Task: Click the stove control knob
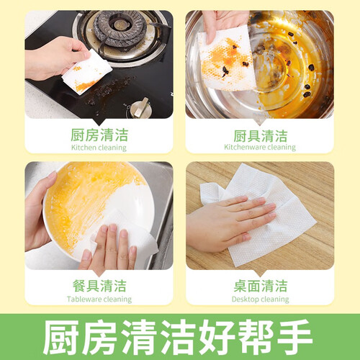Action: point(140,108)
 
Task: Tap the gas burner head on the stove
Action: point(120,27)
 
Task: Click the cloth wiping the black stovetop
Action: point(87,72)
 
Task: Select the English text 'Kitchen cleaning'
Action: point(99,148)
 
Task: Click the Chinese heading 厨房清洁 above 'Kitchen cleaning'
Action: point(99,135)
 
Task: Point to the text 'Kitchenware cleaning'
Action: point(260,147)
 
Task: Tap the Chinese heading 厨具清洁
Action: point(261,136)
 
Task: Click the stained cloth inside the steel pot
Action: point(227,59)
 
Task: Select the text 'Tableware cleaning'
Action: point(99,300)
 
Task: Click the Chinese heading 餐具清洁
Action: point(99,286)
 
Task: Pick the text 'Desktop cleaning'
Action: point(261,300)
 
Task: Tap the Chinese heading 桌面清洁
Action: point(261,286)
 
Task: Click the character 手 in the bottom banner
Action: point(294,336)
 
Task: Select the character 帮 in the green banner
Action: point(256,336)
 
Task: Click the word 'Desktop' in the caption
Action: point(246,300)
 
